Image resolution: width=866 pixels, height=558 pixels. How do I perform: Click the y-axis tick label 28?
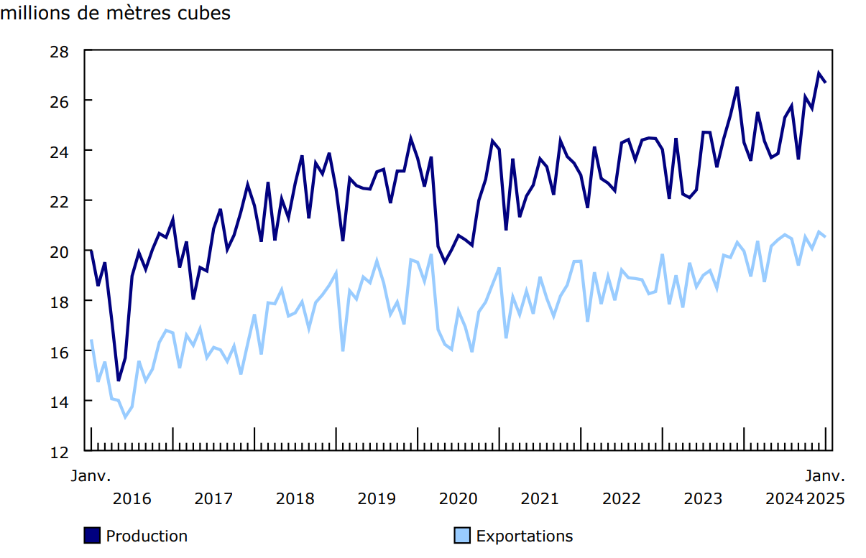pyautogui.click(x=60, y=51)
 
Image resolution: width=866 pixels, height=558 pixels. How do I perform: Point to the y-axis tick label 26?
pyautogui.click(x=60, y=101)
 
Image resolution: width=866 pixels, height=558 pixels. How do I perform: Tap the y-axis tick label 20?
pyautogui.click(x=60, y=251)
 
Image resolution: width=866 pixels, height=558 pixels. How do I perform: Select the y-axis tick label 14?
pyautogui.click(x=60, y=401)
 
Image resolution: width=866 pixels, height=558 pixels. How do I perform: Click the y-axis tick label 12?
pyautogui.click(x=60, y=452)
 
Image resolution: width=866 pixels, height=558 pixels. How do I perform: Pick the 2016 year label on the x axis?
pyautogui.click(x=132, y=498)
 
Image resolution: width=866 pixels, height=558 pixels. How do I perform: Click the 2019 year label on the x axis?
pyautogui.click(x=377, y=498)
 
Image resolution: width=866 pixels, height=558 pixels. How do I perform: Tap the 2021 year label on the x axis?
pyautogui.click(x=540, y=498)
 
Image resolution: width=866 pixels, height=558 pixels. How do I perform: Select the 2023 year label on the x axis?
pyautogui.click(x=703, y=498)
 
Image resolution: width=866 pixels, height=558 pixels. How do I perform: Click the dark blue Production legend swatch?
pyautogui.click(x=92, y=536)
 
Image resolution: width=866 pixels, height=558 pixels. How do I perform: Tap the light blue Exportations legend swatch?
pyautogui.click(x=461, y=536)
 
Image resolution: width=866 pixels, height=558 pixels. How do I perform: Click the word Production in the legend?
pyautogui.click(x=147, y=536)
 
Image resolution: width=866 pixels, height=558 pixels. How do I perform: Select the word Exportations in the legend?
pyautogui.click(x=525, y=536)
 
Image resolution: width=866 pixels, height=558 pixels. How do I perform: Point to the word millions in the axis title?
pyautogui.click(x=35, y=14)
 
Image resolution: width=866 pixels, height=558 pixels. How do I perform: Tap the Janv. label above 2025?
pyautogui.click(x=824, y=475)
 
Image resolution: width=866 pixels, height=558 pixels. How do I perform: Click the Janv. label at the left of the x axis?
pyautogui.click(x=91, y=475)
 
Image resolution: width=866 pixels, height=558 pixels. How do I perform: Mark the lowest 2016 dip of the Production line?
pyautogui.click(x=119, y=380)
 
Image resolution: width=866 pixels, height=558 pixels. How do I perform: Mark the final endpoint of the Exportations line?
pyautogui.click(x=825, y=236)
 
